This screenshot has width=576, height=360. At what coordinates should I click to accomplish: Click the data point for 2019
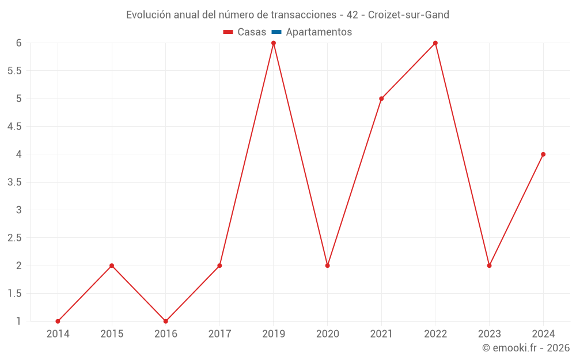[274, 43]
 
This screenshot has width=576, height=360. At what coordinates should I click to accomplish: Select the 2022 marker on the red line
[435, 43]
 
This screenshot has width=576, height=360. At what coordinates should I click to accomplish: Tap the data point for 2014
[58, 321]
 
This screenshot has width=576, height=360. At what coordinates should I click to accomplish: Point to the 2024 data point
[543, 154]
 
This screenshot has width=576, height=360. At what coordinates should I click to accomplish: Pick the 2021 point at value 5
[381, 98]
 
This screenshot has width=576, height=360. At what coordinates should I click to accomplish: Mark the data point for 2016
[166, 321]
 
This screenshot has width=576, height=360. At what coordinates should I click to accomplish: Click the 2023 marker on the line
[489, 266]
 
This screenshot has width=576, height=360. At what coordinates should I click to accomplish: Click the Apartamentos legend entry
[319, 32]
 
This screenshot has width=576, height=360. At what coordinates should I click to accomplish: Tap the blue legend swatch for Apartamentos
[276, 32]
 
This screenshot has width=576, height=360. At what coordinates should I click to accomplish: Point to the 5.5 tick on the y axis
[14, 71]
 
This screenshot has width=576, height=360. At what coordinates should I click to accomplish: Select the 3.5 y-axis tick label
[14, 182]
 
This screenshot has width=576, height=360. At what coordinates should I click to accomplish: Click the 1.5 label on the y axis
[14, 294]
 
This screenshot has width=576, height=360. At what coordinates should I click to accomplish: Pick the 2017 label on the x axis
[219, 334]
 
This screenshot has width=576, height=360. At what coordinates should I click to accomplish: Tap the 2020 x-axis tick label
[327, 334]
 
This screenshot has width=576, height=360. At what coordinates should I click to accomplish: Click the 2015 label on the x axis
[112, 334]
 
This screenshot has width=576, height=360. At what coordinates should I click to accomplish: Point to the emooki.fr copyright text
[526, 348]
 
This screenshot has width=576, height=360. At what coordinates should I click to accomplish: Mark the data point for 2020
[327, 266]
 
